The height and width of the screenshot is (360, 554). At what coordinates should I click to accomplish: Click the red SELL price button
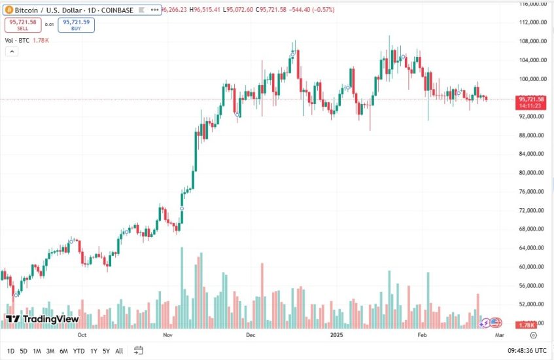pyautogui.click(x=23, y=25)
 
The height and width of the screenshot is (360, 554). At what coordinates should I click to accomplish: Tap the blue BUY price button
pyautogui.click(x=75, y=25)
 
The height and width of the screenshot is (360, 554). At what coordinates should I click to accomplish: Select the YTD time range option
pyautogui.click(x=79, y=351)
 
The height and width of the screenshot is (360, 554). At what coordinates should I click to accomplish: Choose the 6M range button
pyautogui.click(x=63, y=351)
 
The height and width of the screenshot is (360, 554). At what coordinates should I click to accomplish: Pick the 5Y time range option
pyautogui.click(x=107, y=351)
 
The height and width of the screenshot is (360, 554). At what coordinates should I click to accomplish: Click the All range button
pyautogui.click(x=119, y=351)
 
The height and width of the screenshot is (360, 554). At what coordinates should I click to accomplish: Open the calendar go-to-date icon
pyautogui.click(x=139, y=350)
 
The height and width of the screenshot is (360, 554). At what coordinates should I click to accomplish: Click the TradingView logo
pyautogui.click(x=43, y=319)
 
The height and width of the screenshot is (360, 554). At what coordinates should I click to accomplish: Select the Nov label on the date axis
pyautogui.click(x=167, y=334)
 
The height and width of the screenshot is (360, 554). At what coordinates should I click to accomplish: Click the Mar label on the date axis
pyautogui.click(x=499, y=334)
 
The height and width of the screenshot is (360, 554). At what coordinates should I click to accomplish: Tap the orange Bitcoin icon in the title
pyautogui.click(x=9, y=10)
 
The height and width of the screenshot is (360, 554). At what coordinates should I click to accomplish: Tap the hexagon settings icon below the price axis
pyautogui.click(x=534, y=334)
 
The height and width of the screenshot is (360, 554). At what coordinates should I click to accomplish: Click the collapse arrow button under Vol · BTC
pyautogui.click(x=11, y=52)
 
